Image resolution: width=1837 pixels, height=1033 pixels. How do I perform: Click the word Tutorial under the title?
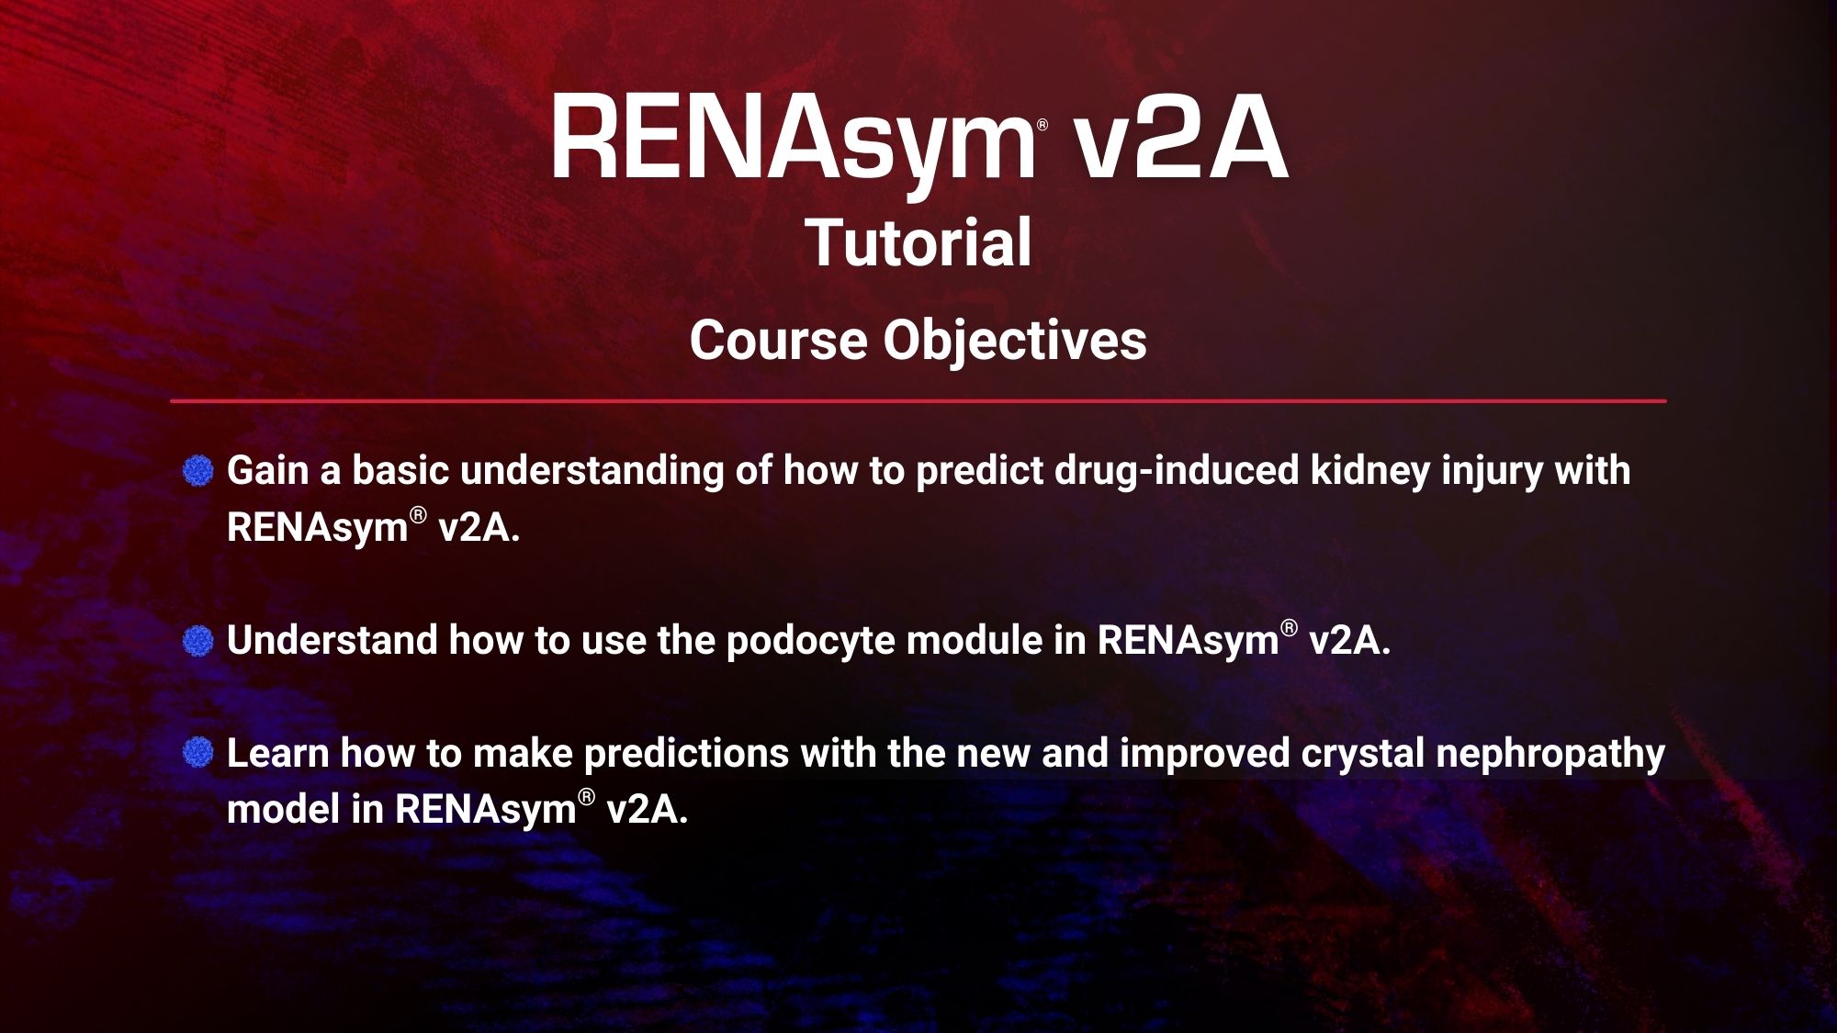point(918,242)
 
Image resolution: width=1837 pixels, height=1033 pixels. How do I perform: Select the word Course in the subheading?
point(778,341)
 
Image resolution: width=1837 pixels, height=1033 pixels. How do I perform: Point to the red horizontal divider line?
point(918,401)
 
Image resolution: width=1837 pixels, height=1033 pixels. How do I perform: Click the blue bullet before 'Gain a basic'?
point(198,472)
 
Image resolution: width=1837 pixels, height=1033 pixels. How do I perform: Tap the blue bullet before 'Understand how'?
point(198,641)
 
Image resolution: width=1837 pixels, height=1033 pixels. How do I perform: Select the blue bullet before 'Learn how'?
point(198,754)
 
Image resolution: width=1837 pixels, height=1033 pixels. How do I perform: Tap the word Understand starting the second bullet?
point(332,640)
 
